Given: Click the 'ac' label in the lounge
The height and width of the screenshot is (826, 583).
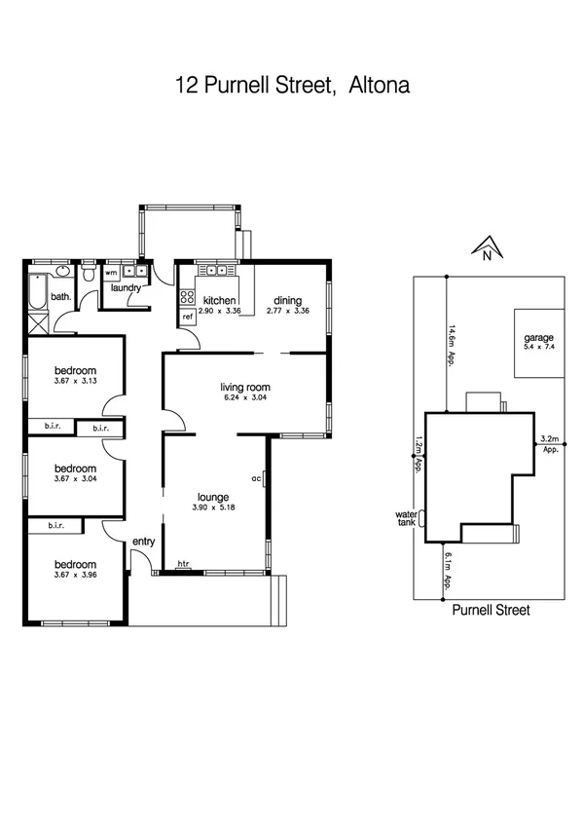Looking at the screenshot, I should (x=255, y=478).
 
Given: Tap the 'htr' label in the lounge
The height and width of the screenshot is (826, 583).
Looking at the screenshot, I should (x=183, y=563).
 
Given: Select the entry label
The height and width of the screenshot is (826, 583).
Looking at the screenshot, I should (x=144, y=541).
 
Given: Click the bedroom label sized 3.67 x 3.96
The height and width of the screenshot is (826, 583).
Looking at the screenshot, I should (x=75, y=565).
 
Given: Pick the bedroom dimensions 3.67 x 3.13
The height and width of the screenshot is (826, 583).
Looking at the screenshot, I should (x=75, y=382).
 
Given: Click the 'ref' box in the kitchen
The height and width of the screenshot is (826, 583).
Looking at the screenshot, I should (x=187, y=317).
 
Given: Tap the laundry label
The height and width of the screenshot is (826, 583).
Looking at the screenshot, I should (x=127, y=288).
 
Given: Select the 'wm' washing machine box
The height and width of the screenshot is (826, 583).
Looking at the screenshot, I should (x=110, y=273).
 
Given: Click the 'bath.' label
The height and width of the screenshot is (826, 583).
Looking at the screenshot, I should (x=61, y=297).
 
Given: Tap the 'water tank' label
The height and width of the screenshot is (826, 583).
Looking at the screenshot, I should (x=406, y=519).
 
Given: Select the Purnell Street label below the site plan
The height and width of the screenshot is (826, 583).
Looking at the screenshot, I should (x=491, y=611).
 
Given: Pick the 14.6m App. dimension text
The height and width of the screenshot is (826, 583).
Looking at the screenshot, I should (x=453, y=342).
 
